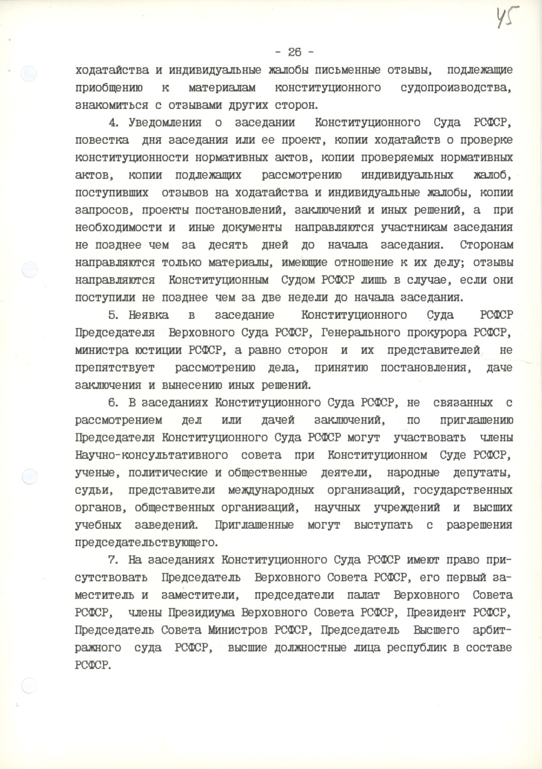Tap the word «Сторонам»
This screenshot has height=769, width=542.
click(486, 245)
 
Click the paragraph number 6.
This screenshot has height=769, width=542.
click(112, 402)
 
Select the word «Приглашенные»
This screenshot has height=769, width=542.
click(254, 524)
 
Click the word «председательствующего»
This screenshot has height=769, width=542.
click(145, 542)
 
